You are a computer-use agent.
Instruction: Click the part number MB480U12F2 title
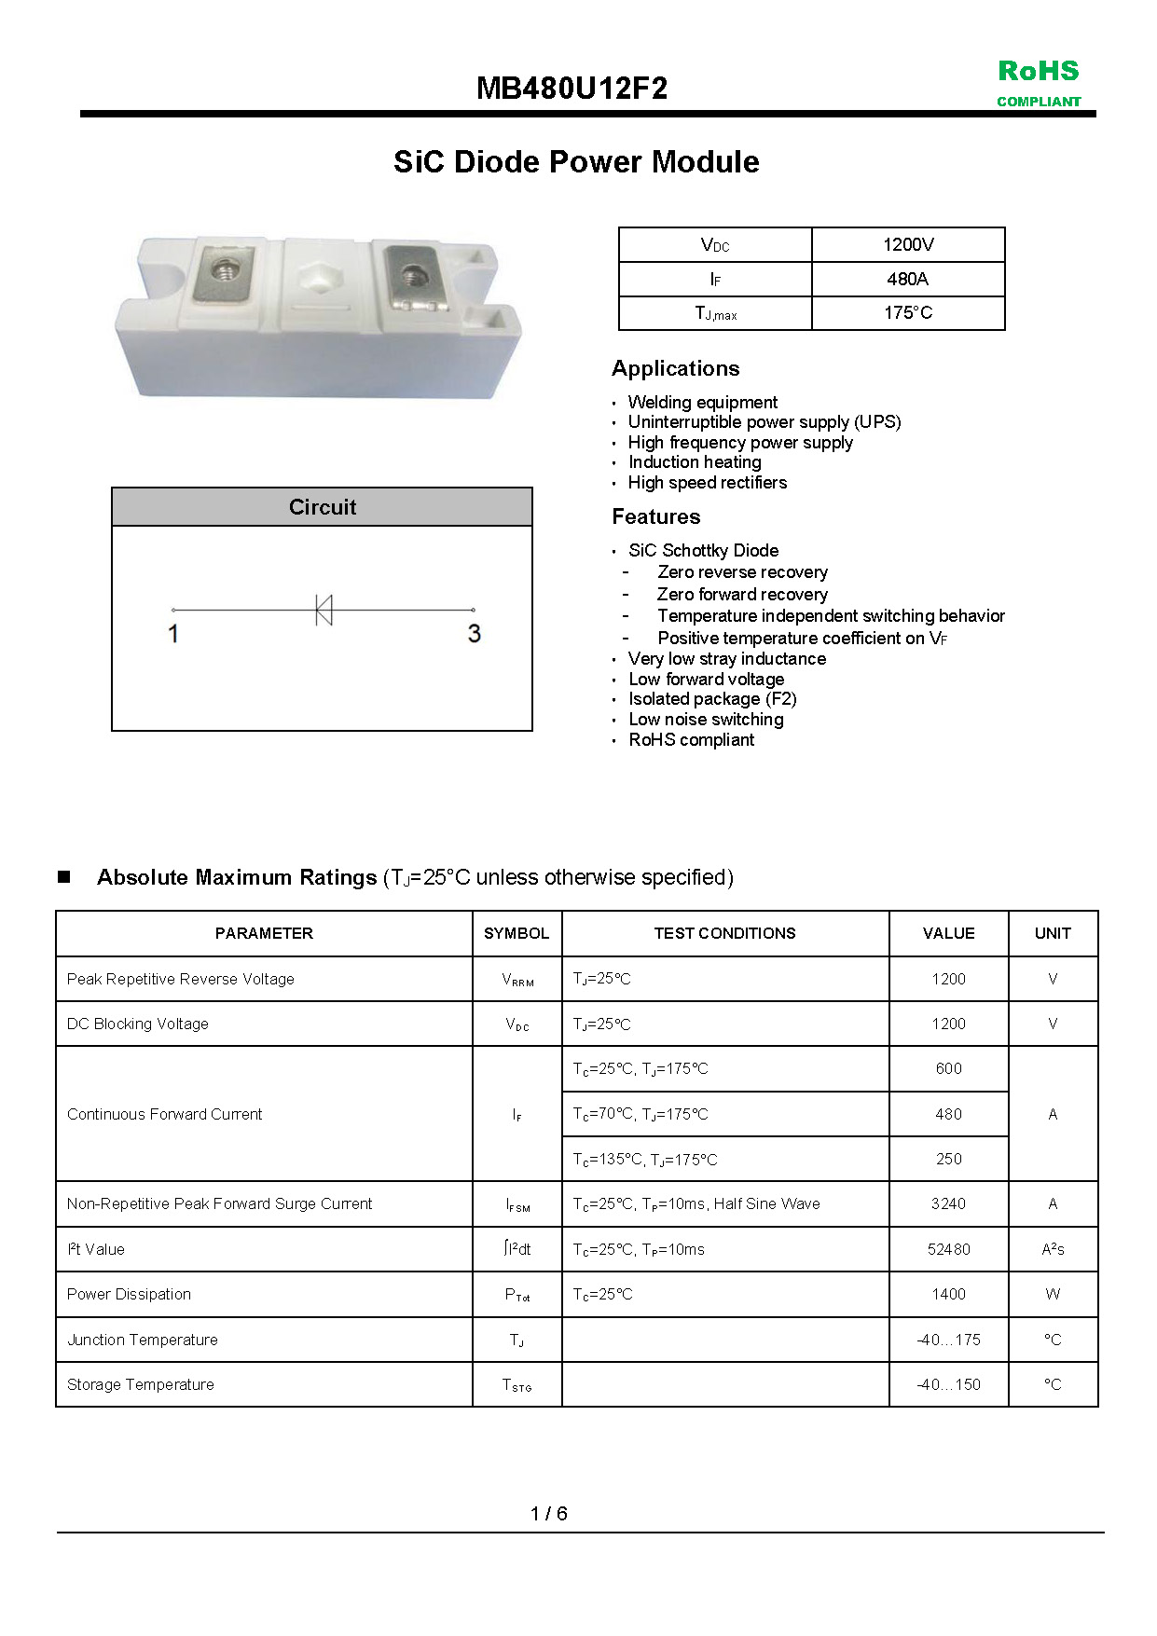click(x=572, y=89)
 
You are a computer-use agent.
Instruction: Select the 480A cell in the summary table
click(x=907, y=279)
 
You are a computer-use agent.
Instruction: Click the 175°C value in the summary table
click(x=907, y=313)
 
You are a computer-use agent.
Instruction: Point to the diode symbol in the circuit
click(x=324, y=610)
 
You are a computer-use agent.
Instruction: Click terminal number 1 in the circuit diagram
click(x=173, y=634)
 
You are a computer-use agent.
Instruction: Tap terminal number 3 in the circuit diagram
click(x=474, y=634)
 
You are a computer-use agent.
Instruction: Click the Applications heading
click(x=675, y=368)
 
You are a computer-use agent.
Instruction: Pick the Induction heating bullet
click(x=695, y=462)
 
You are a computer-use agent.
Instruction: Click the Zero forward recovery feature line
click(x=742, y=594)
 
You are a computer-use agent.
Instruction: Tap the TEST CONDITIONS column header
click(x=724, y=933)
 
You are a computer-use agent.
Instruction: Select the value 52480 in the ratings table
click(x=948, y=1249)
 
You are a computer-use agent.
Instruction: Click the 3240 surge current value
click(x=948, y=1203)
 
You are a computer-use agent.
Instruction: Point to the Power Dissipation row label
click(x=129, y=1294)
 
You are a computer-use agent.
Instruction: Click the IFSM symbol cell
click(x=517, y=1204)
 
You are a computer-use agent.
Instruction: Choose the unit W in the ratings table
click(x=1053, y=1294)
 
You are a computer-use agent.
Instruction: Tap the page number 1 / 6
click(x=549, y=1513)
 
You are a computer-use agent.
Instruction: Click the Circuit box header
click(x=322, y=507)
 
